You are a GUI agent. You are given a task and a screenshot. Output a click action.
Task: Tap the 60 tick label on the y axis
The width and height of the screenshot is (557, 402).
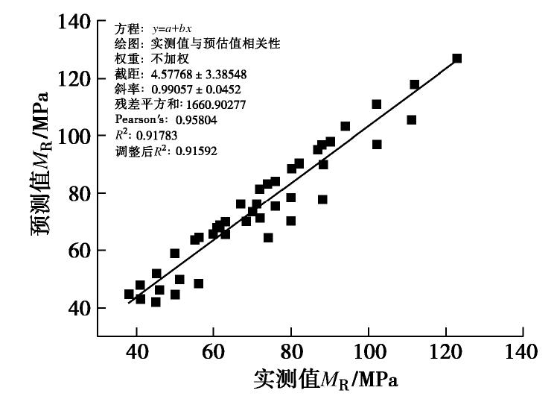pos(78,251)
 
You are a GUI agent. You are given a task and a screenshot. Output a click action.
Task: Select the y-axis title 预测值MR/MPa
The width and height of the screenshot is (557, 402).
pos(40,164)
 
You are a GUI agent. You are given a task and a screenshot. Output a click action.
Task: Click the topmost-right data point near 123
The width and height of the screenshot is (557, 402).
pos(457,58)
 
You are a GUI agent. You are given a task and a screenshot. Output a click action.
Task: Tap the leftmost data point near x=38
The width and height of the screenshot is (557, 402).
pos(129,295)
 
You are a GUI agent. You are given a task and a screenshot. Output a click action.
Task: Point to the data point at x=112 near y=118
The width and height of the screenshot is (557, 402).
pos(415,85)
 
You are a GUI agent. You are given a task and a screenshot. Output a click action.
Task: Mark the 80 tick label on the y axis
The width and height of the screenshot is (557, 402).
pos(78,194)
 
